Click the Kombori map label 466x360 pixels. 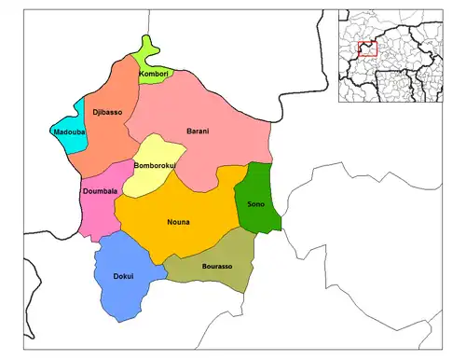click(153, 73)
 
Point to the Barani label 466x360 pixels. click(198, 131)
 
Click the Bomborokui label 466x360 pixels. click(155, 166)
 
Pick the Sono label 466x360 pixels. click(255, 203)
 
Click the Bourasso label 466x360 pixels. click(216, 266)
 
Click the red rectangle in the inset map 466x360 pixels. click(367, 48)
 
